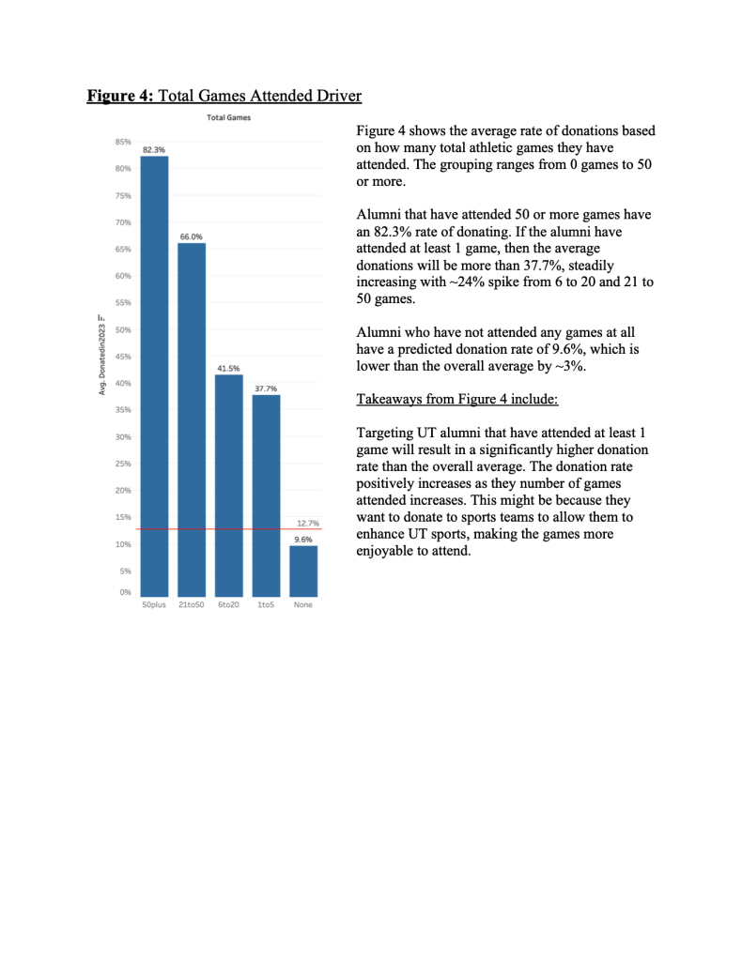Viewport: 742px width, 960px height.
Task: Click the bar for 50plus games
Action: coord(154,375)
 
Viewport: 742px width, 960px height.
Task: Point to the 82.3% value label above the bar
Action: coord(154,149)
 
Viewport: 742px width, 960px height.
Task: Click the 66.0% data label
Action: coord(192,236)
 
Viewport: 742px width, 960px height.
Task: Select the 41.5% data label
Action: coord(228,369)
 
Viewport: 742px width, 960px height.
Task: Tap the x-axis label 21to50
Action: coord(192,605)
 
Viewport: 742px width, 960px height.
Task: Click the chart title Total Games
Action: coord(228,117)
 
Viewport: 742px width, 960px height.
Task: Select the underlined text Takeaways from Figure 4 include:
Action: coord(457,399)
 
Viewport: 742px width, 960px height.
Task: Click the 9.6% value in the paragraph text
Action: coord(549,349)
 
